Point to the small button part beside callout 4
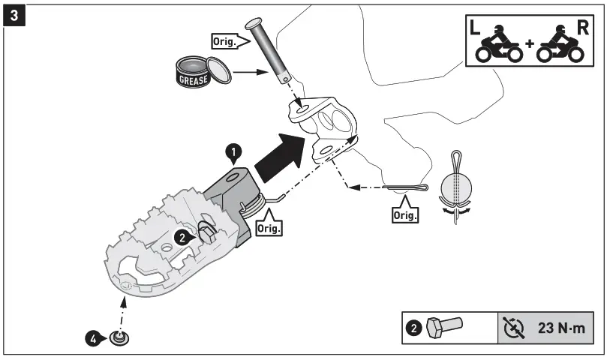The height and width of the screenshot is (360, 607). click(x=118, y=338)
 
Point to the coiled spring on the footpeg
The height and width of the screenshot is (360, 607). click(x=254, y=201)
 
